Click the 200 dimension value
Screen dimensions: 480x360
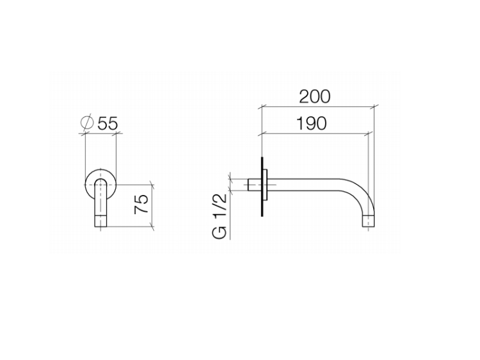point(315,97)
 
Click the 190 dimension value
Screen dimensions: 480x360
point(311,123)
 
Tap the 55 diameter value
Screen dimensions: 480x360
point(108,123)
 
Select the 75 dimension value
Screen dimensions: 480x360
point(141,204)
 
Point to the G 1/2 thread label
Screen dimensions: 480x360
point(220,216)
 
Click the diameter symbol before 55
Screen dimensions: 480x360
point(87,123)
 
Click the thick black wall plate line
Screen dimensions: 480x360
point(262,187)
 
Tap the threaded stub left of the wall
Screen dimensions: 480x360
point(254,185)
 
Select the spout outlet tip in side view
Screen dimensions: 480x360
point(368,221)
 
